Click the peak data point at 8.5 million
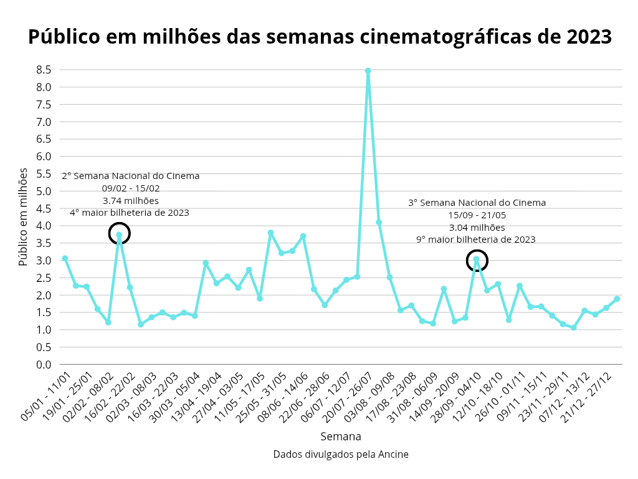368,71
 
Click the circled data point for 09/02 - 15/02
119,235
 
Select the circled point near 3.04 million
476,259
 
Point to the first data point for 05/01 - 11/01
65,258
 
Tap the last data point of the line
617,299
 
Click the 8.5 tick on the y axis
43,70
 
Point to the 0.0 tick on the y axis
43,364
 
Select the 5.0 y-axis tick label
43,191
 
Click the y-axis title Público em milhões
24,216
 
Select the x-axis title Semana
341,436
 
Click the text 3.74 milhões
131,201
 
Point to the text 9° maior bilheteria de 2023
476,239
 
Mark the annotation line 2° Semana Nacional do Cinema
131,176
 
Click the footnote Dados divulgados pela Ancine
341,455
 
